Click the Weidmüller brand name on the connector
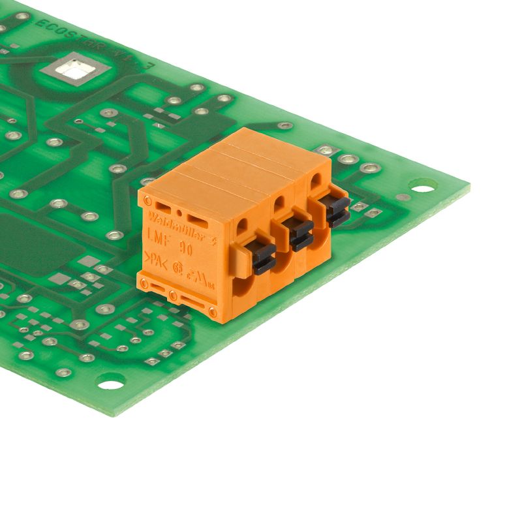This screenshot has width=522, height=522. click(172, 218)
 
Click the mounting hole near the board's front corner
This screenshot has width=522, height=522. click(110, 381)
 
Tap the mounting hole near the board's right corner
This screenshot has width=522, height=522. click(422, 189)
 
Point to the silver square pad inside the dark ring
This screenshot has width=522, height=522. click(74, 67)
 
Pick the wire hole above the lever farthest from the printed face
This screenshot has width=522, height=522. click(315, 178)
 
